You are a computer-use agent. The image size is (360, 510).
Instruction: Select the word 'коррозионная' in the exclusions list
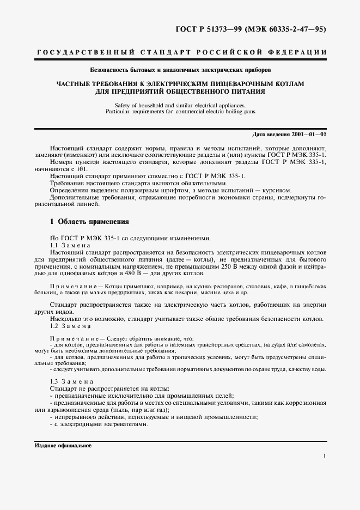coord(306,402)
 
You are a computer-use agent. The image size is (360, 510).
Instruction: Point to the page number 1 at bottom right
coord(324,456)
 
